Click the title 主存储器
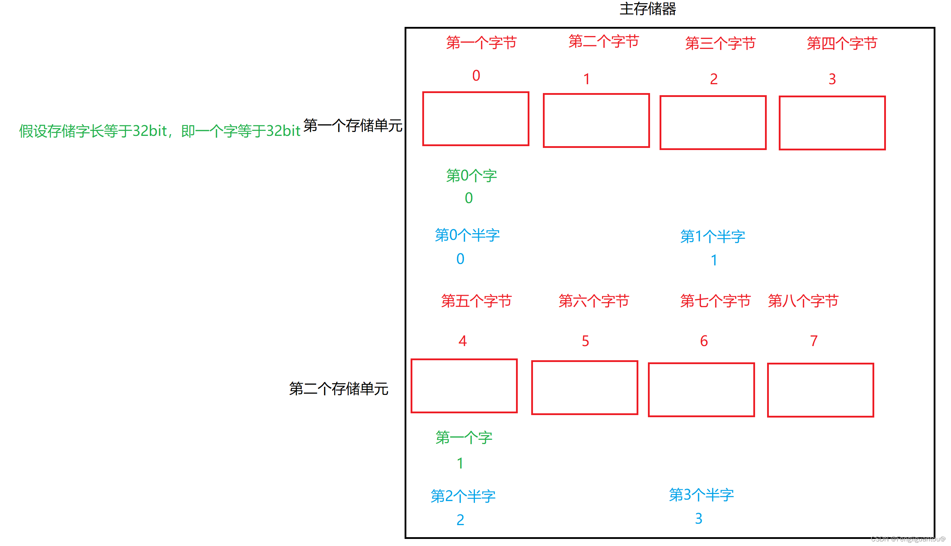tap(647, 9)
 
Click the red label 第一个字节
tap(481, 43)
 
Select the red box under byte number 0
tap(475, 119)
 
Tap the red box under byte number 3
tap(832, 123)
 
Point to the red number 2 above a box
tap(713, 79)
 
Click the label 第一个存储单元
tap(353, 125)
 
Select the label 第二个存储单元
tap(338, 389)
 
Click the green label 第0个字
tap(471, 176)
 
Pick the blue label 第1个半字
tap(712, 236)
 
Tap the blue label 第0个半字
tap(467, 235)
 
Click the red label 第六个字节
tap(593, 301)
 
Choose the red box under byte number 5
tap(584, 387)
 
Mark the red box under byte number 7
tap(820, 390)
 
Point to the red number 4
tap(462, 341)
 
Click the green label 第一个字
tap(464, 437)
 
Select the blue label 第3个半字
tap(701, 495)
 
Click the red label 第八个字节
tap(802, 301)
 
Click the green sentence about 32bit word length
tap(160, 131)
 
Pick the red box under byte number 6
tap(701, 390)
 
